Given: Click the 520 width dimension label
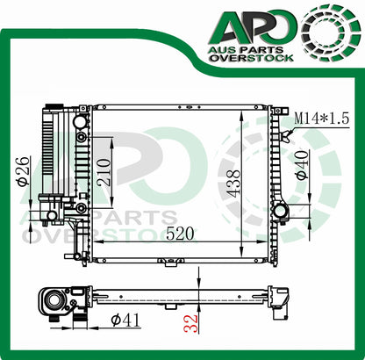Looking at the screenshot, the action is pyautogui.click(x=180, y=234).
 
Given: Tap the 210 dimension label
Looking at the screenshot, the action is pyautogui.click(x=104, y=172).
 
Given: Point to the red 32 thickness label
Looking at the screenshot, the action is pyautogui.click(x=192, y=323).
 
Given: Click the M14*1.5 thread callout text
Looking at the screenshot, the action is pyautogui.click(x=321, y=119).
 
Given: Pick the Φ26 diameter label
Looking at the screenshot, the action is pyautogui.click(x=24, y=171).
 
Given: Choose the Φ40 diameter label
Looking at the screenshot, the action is pyautogui.click(x=302, y=164).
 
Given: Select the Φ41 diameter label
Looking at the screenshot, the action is pyautogui.click(x=125, y=320).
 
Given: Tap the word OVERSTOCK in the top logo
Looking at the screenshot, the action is pyautogui.click(x=252, y=58).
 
